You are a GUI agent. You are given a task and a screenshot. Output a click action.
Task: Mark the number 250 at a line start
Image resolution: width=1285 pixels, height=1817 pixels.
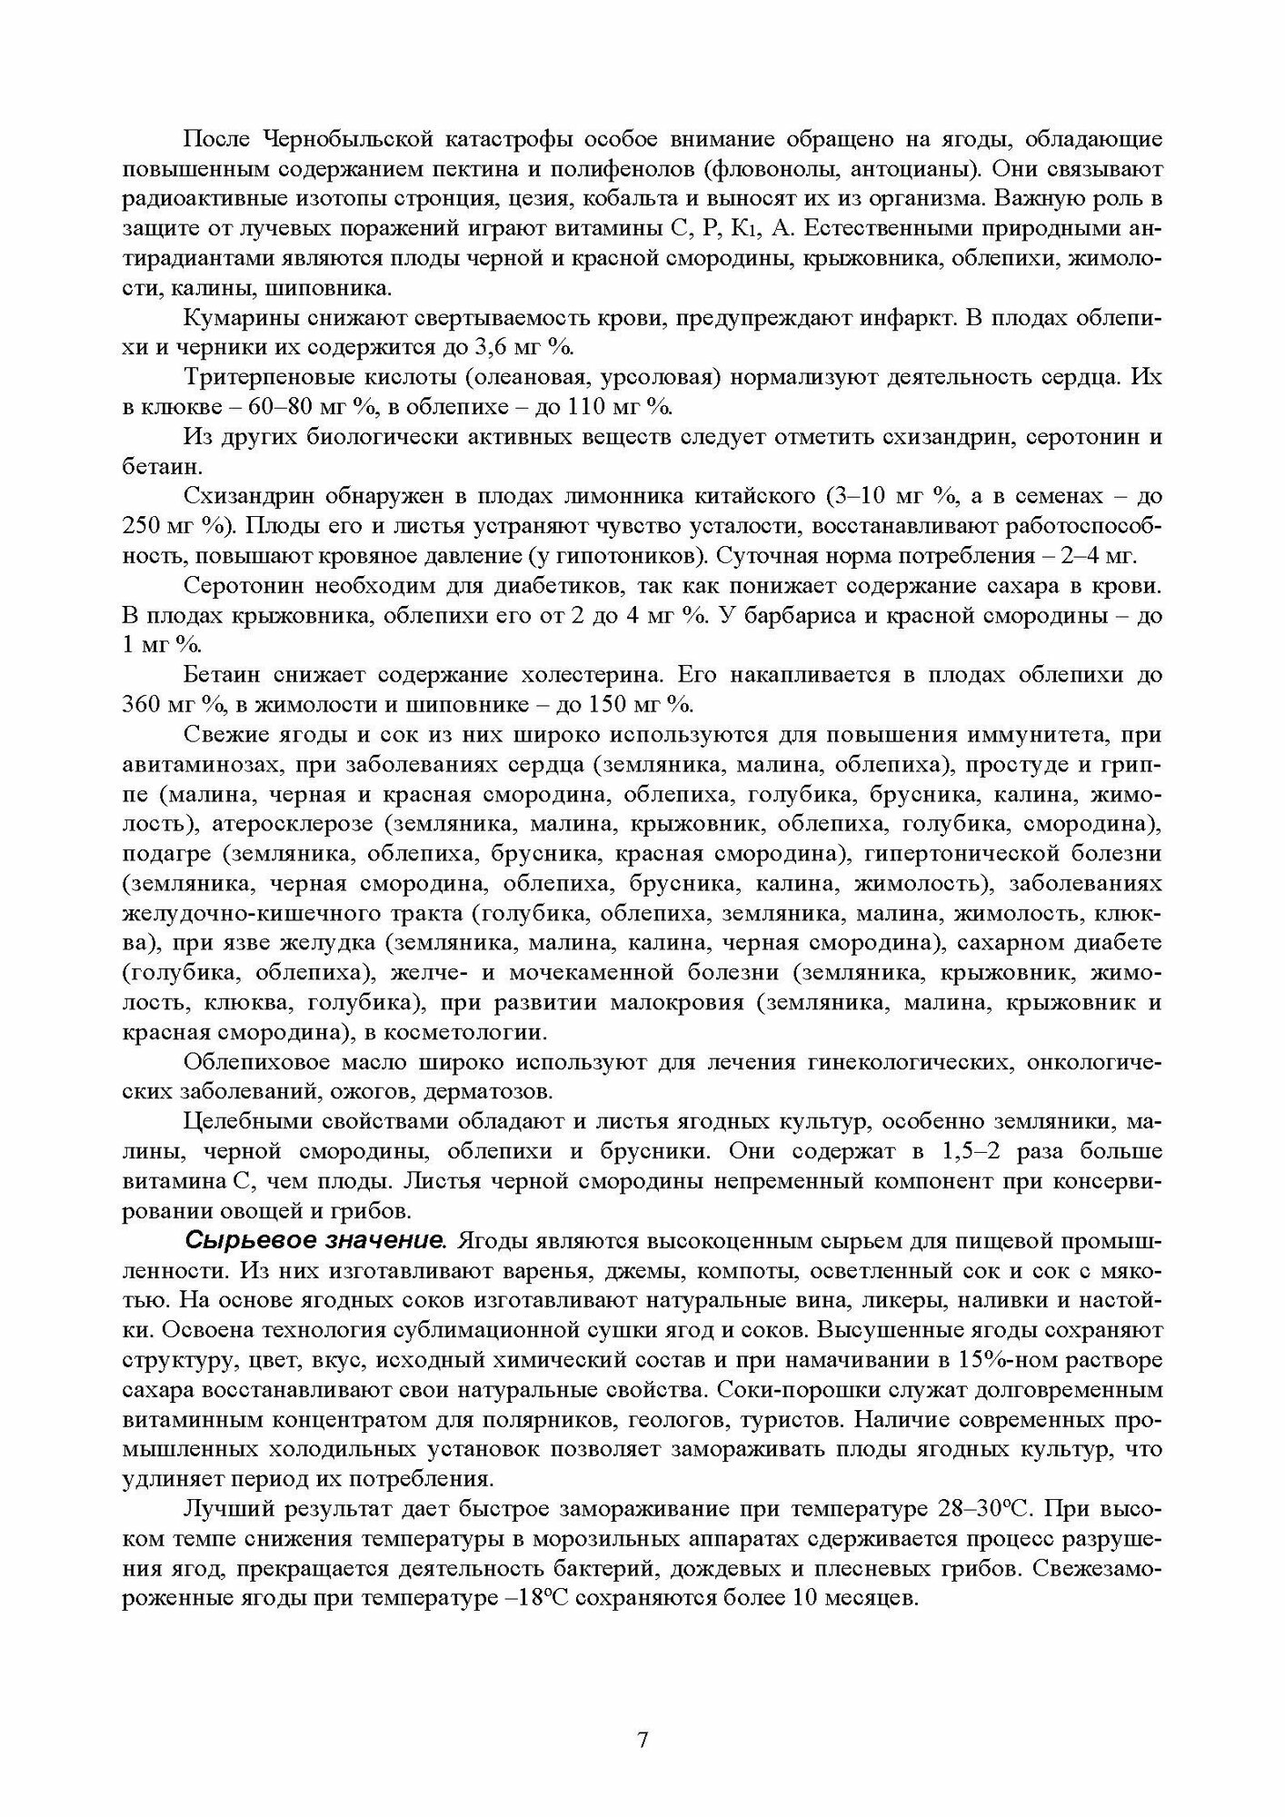click(x=141, y=526)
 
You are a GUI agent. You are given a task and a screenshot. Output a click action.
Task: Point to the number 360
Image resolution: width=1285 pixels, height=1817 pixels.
click(x=141, y=704)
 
